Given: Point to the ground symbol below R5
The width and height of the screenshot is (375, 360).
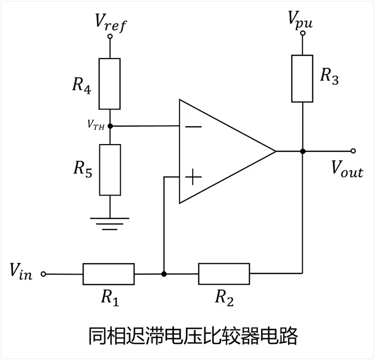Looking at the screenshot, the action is (110, 224).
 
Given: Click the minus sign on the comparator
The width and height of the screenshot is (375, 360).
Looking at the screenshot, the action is (193, 126).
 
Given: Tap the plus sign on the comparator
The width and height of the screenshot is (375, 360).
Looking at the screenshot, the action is (193, 177).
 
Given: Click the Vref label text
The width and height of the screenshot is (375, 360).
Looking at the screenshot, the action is (111, 22).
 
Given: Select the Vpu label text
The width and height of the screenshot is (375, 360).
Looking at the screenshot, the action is (301, 20).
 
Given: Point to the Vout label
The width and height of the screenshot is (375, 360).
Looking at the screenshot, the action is (347, 169).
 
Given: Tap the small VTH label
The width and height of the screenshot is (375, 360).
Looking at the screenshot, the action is (96, 125).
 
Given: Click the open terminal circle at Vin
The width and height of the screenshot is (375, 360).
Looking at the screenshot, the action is (43, 274).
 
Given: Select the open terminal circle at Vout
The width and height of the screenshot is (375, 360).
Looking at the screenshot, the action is (353, 151).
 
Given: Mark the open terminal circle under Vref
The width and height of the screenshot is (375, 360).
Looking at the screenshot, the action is (110, 36).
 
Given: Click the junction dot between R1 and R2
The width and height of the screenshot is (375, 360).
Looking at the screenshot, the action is (164, 274).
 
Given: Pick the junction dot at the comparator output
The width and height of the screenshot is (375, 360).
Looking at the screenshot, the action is (303, 151).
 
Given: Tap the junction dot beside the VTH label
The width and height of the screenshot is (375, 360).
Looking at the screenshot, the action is (110, 126).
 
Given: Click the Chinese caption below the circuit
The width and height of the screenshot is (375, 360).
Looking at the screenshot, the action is (193, 336).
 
